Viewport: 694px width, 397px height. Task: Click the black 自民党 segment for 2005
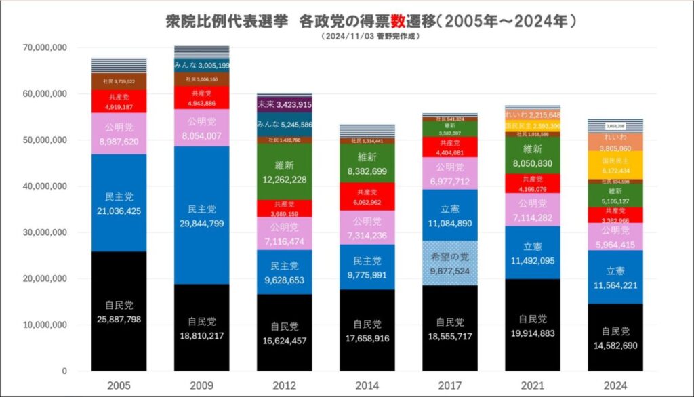[119, 312]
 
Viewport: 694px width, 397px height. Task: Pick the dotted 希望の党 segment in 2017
[449, 263]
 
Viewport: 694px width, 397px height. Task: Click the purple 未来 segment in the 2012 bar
[284, 104]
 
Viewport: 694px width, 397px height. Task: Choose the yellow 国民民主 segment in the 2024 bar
[615, 164]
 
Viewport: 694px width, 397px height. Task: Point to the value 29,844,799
[201, 223]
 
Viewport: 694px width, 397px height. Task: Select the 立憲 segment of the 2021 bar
[532, 252]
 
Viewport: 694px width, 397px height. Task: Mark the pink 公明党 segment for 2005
[119, 133]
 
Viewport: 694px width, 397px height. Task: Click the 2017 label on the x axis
[449, 385]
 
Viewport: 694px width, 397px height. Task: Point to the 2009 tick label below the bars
[201, 385]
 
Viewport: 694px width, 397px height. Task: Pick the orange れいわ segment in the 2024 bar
[615, 141]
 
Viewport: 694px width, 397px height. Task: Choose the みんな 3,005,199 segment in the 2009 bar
[201, 65]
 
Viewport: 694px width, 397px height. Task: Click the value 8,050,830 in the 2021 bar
[532, 163]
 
